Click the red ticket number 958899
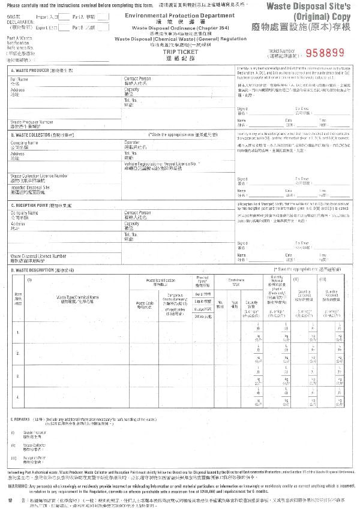325,52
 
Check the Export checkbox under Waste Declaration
62,27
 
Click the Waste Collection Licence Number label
39,176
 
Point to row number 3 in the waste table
16,375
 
